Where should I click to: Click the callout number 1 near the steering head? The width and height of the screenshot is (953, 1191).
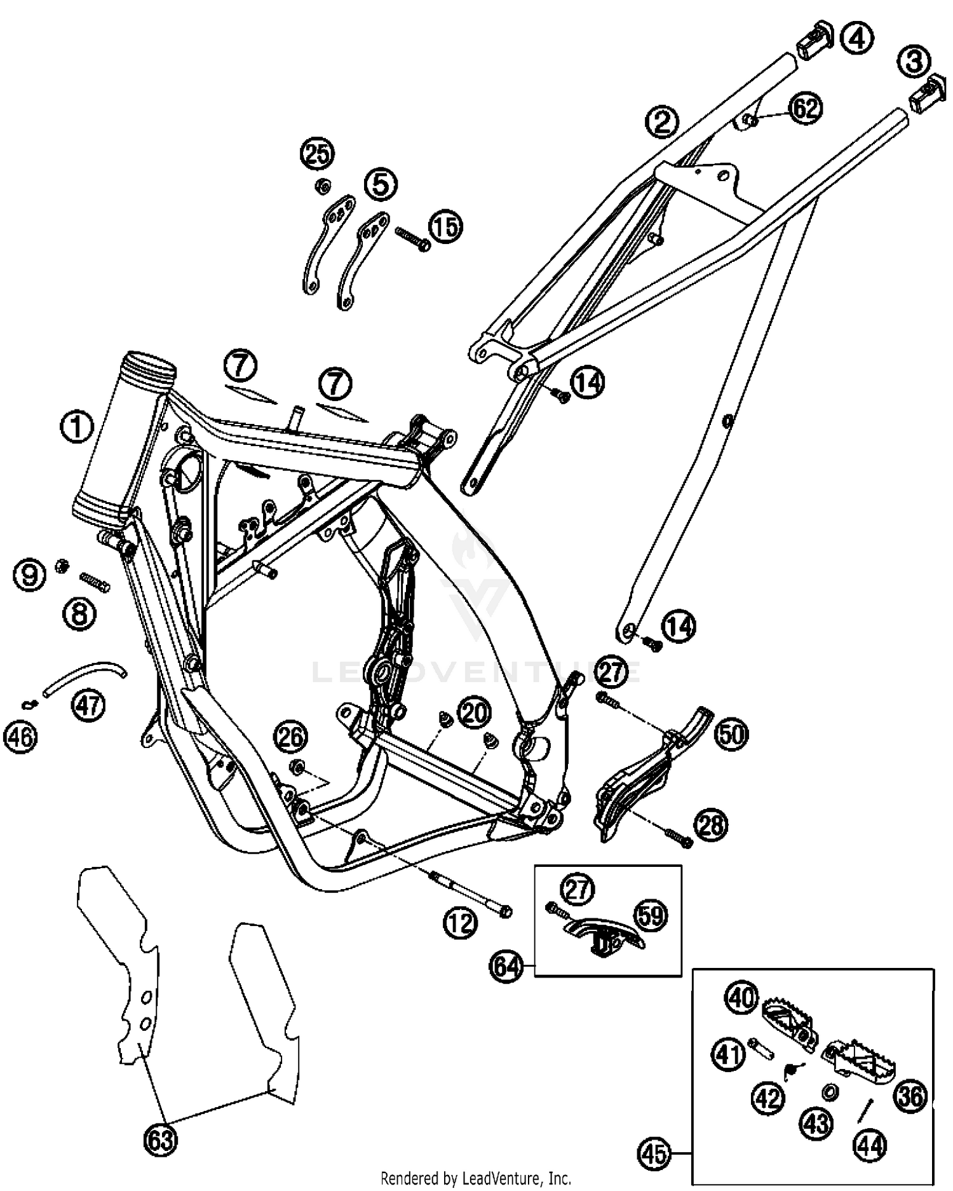[76, 427]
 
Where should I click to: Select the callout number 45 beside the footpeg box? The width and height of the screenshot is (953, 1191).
[654, 1153]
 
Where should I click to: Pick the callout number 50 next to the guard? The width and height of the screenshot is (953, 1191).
[731, 734]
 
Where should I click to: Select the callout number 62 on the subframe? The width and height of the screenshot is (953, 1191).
[805, 109]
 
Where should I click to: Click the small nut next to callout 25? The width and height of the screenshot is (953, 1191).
[321, 186]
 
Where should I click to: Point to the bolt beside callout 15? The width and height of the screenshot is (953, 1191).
[412, 239]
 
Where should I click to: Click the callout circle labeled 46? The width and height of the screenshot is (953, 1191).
[21, 737]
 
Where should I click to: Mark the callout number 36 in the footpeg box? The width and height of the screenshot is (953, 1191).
[910, 1096]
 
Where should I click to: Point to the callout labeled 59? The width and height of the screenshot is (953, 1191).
[651, 916]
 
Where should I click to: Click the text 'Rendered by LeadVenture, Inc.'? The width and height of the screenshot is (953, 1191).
[476, 1179]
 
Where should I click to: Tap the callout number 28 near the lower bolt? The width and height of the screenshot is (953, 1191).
[711, 826]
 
